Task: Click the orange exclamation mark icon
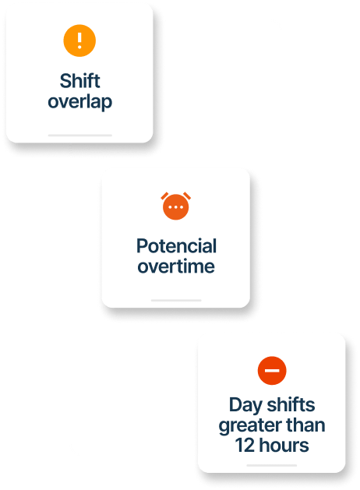point(79,41)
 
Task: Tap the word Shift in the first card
point(80,81)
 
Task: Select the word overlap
point(80,101)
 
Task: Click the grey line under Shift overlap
point(80,136)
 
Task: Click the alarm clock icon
point(176,206)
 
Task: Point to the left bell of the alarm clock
point(164,196)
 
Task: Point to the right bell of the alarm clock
point(187,196)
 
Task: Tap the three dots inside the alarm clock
point(176,207)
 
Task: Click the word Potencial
point(177,245)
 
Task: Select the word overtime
point(176,266)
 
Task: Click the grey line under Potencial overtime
point(176,301)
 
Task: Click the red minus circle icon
point(272,371)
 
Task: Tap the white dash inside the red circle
point(272,371)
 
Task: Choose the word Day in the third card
point(245,405)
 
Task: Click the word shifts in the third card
point(291,404)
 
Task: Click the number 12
point(245,445)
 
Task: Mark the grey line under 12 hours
point(272,465)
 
